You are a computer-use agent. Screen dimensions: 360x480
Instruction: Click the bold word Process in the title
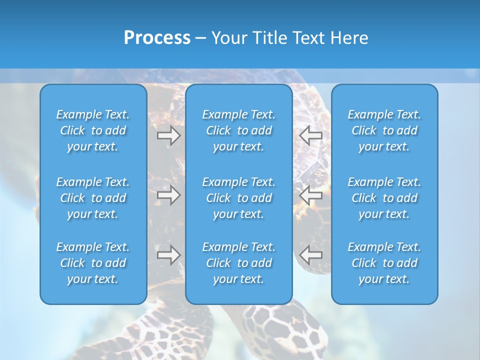point(157,38)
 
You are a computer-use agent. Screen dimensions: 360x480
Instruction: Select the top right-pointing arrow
point(168,135)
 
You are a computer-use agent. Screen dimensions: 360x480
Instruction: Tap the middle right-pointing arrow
point(168,195)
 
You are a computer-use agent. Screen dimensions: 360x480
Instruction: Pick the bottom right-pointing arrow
point(168,255)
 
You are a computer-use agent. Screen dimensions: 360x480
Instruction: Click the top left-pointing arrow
point(310,135)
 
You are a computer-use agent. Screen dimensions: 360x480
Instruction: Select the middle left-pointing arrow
point(310,195)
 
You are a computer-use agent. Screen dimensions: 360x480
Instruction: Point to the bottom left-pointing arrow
point(310,255)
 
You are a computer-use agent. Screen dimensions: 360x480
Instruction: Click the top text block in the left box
point(93,130)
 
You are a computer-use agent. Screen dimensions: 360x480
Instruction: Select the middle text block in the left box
point(93,198)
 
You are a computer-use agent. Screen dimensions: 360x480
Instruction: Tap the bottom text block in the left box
point(93,263)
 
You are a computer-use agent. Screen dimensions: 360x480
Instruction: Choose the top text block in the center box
point(238,130)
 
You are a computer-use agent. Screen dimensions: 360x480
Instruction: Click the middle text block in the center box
point(238,198)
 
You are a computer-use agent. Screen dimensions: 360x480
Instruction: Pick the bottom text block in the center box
point(238,263)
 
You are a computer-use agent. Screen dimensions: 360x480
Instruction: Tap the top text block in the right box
point(384,130)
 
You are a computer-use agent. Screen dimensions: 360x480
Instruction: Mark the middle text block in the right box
point(384,198)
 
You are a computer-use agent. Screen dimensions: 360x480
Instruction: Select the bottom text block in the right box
point(384,263)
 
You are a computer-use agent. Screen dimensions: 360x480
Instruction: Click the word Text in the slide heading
point(306,38)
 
